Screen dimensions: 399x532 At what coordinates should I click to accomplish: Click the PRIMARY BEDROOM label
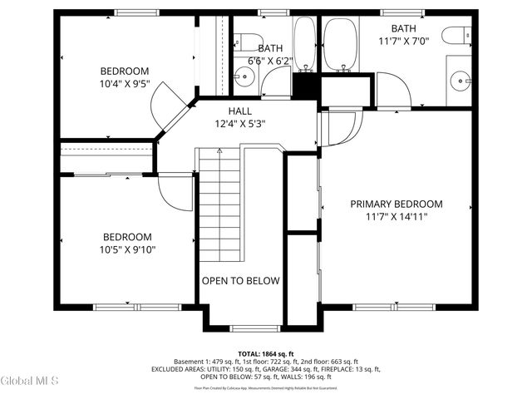click(396, 204)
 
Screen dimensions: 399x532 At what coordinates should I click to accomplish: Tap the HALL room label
click(240, 111)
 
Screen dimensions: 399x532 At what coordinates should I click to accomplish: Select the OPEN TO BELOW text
click(241, 281)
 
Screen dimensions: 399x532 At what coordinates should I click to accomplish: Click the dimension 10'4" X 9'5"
click(125, 83)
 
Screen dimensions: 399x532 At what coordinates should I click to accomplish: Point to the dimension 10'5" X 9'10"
click(127, 249)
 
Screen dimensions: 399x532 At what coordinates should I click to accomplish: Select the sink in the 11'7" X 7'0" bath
click(460, 81)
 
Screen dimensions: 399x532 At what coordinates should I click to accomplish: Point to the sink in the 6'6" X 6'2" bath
click(243, 79)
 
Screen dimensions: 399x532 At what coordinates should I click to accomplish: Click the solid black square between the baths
click(305, 86)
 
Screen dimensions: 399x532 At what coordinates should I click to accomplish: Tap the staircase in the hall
click(220, 208)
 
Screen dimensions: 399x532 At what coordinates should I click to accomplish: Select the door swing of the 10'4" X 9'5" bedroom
click(166, 104)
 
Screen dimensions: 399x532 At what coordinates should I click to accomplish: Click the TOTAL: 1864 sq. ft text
click(266, 353)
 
